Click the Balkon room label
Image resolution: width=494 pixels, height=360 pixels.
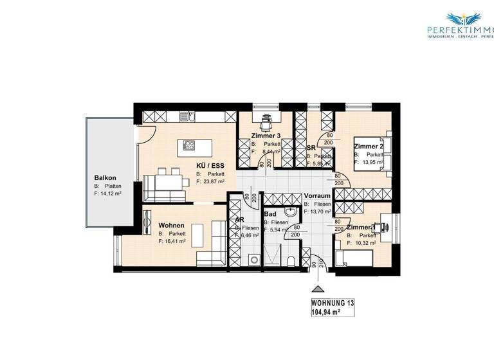pos(105,178)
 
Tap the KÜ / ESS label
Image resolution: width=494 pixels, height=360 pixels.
pos(211,165)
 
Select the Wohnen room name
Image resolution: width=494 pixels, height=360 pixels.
pos(172,225)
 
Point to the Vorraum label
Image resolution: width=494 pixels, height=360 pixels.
pos(317,195)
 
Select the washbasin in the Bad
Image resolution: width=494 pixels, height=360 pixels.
pos(291,212)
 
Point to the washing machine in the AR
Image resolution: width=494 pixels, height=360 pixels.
pos(254,260)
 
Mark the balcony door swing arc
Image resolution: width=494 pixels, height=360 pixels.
pos(145,134)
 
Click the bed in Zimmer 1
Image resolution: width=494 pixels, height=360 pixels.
pos(354,258)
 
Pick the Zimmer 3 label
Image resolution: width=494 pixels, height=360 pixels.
pos(266,136)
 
